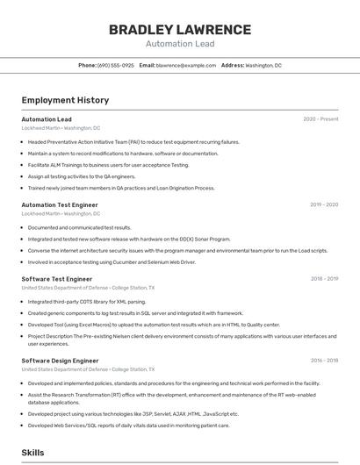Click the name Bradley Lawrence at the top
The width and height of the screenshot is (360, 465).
pos(179,30)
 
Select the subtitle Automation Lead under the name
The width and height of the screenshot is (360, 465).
pos(179,43)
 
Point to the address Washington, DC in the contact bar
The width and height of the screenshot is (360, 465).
pos(263,65)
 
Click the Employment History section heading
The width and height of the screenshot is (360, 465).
pos(65,100)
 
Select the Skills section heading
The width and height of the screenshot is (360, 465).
pos(33,453)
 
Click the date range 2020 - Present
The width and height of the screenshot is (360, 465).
pos(320,119)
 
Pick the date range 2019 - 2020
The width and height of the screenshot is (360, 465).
pos(324,204)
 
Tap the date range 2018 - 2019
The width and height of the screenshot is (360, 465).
pos(324,279)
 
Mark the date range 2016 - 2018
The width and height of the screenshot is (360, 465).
pos(324,361)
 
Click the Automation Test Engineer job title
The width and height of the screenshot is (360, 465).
pos(60,204)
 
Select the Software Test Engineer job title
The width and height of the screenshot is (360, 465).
pos(57,279)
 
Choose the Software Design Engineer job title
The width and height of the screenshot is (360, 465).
pos(60,361)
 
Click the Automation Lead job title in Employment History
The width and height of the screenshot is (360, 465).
pos(47,119)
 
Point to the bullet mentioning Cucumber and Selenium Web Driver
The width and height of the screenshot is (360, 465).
pos(112,261)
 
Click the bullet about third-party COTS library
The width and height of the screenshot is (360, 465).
pos(86,302)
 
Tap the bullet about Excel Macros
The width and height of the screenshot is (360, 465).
pos(154,324)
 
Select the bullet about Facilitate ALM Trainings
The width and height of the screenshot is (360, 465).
pos(108,164)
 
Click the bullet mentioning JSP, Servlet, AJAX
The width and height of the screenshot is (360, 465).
pos(133,414)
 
